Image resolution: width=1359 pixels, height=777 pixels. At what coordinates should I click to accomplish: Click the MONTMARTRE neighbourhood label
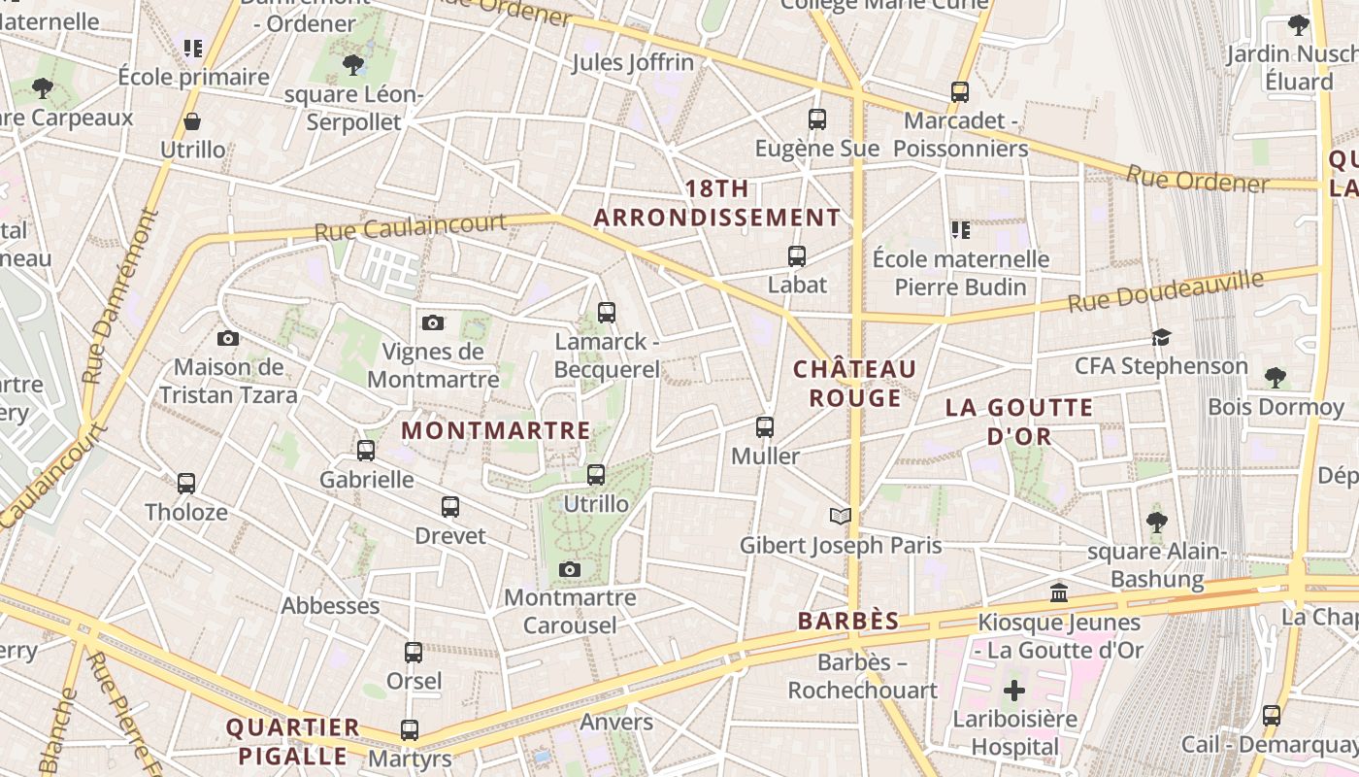point(496,430)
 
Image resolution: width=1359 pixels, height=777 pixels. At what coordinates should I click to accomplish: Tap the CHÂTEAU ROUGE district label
point(855,384)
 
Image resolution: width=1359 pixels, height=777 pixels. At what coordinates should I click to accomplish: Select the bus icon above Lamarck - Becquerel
point(607,313)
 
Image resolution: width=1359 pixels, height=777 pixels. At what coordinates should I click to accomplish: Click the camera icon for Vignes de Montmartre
point(433,322)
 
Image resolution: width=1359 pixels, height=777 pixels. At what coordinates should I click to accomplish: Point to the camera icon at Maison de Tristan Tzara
point(228,338)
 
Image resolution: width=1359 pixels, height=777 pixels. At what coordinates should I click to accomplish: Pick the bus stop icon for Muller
point(765,427)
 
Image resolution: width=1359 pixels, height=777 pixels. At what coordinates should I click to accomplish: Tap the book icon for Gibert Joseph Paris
point(841,516)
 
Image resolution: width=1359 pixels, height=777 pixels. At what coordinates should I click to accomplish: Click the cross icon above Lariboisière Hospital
point(1014,691)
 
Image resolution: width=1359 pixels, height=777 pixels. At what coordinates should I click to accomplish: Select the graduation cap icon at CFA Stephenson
point(1161,337)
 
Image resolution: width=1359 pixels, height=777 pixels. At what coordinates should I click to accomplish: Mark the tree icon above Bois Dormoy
point(1276,377)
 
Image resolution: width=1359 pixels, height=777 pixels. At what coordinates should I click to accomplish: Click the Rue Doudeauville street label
point(1166,292)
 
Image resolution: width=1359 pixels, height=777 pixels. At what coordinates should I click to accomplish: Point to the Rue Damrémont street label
point(119,297)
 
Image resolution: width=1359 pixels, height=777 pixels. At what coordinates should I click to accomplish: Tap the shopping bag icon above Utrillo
point(192,121)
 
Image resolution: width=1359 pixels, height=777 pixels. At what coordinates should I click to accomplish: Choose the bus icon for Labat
point(797,256)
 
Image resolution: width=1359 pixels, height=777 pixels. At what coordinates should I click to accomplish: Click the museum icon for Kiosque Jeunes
point(1059,592)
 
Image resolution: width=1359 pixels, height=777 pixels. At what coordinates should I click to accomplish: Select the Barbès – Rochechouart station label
point(862,676)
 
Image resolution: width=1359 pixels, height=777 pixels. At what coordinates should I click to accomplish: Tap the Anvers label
point(616,722)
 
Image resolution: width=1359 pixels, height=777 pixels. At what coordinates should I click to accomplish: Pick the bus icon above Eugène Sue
point(817,119)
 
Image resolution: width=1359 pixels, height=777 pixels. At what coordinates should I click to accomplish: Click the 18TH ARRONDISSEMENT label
point(716,203)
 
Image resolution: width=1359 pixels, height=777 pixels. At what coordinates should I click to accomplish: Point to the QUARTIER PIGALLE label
point(292,741)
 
